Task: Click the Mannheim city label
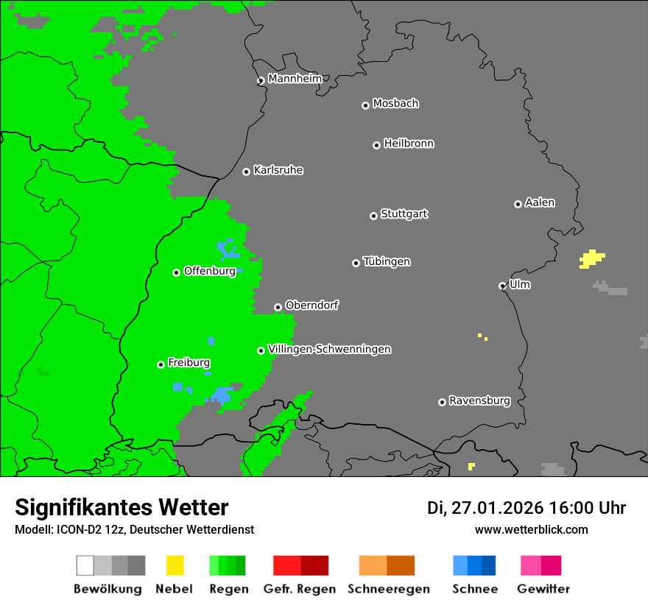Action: click(295, 79)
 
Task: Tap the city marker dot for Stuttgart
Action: click(373, 216)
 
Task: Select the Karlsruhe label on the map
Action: click(278, 170)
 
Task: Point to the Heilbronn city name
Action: click(409, 144)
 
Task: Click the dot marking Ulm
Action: click(502, 286)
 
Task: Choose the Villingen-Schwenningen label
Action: click(329, 349)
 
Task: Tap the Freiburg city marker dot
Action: click(161, 364)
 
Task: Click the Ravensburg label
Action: click(479, 401)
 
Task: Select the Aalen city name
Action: click(540, 202)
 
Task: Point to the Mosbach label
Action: click(395, 104)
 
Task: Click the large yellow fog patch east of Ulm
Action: click(591, 258)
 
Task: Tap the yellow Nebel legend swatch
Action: click(175, 565)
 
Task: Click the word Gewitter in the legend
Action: click(543, 589)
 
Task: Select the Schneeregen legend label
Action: click(388, 589)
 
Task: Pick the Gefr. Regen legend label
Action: click(300, 589)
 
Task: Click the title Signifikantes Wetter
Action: click(121, 507)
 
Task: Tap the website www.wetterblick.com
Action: click(531, 529)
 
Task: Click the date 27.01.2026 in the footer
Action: click(496, 508)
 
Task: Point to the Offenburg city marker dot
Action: click(176, 272)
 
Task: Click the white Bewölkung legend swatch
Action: click(85, 565)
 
